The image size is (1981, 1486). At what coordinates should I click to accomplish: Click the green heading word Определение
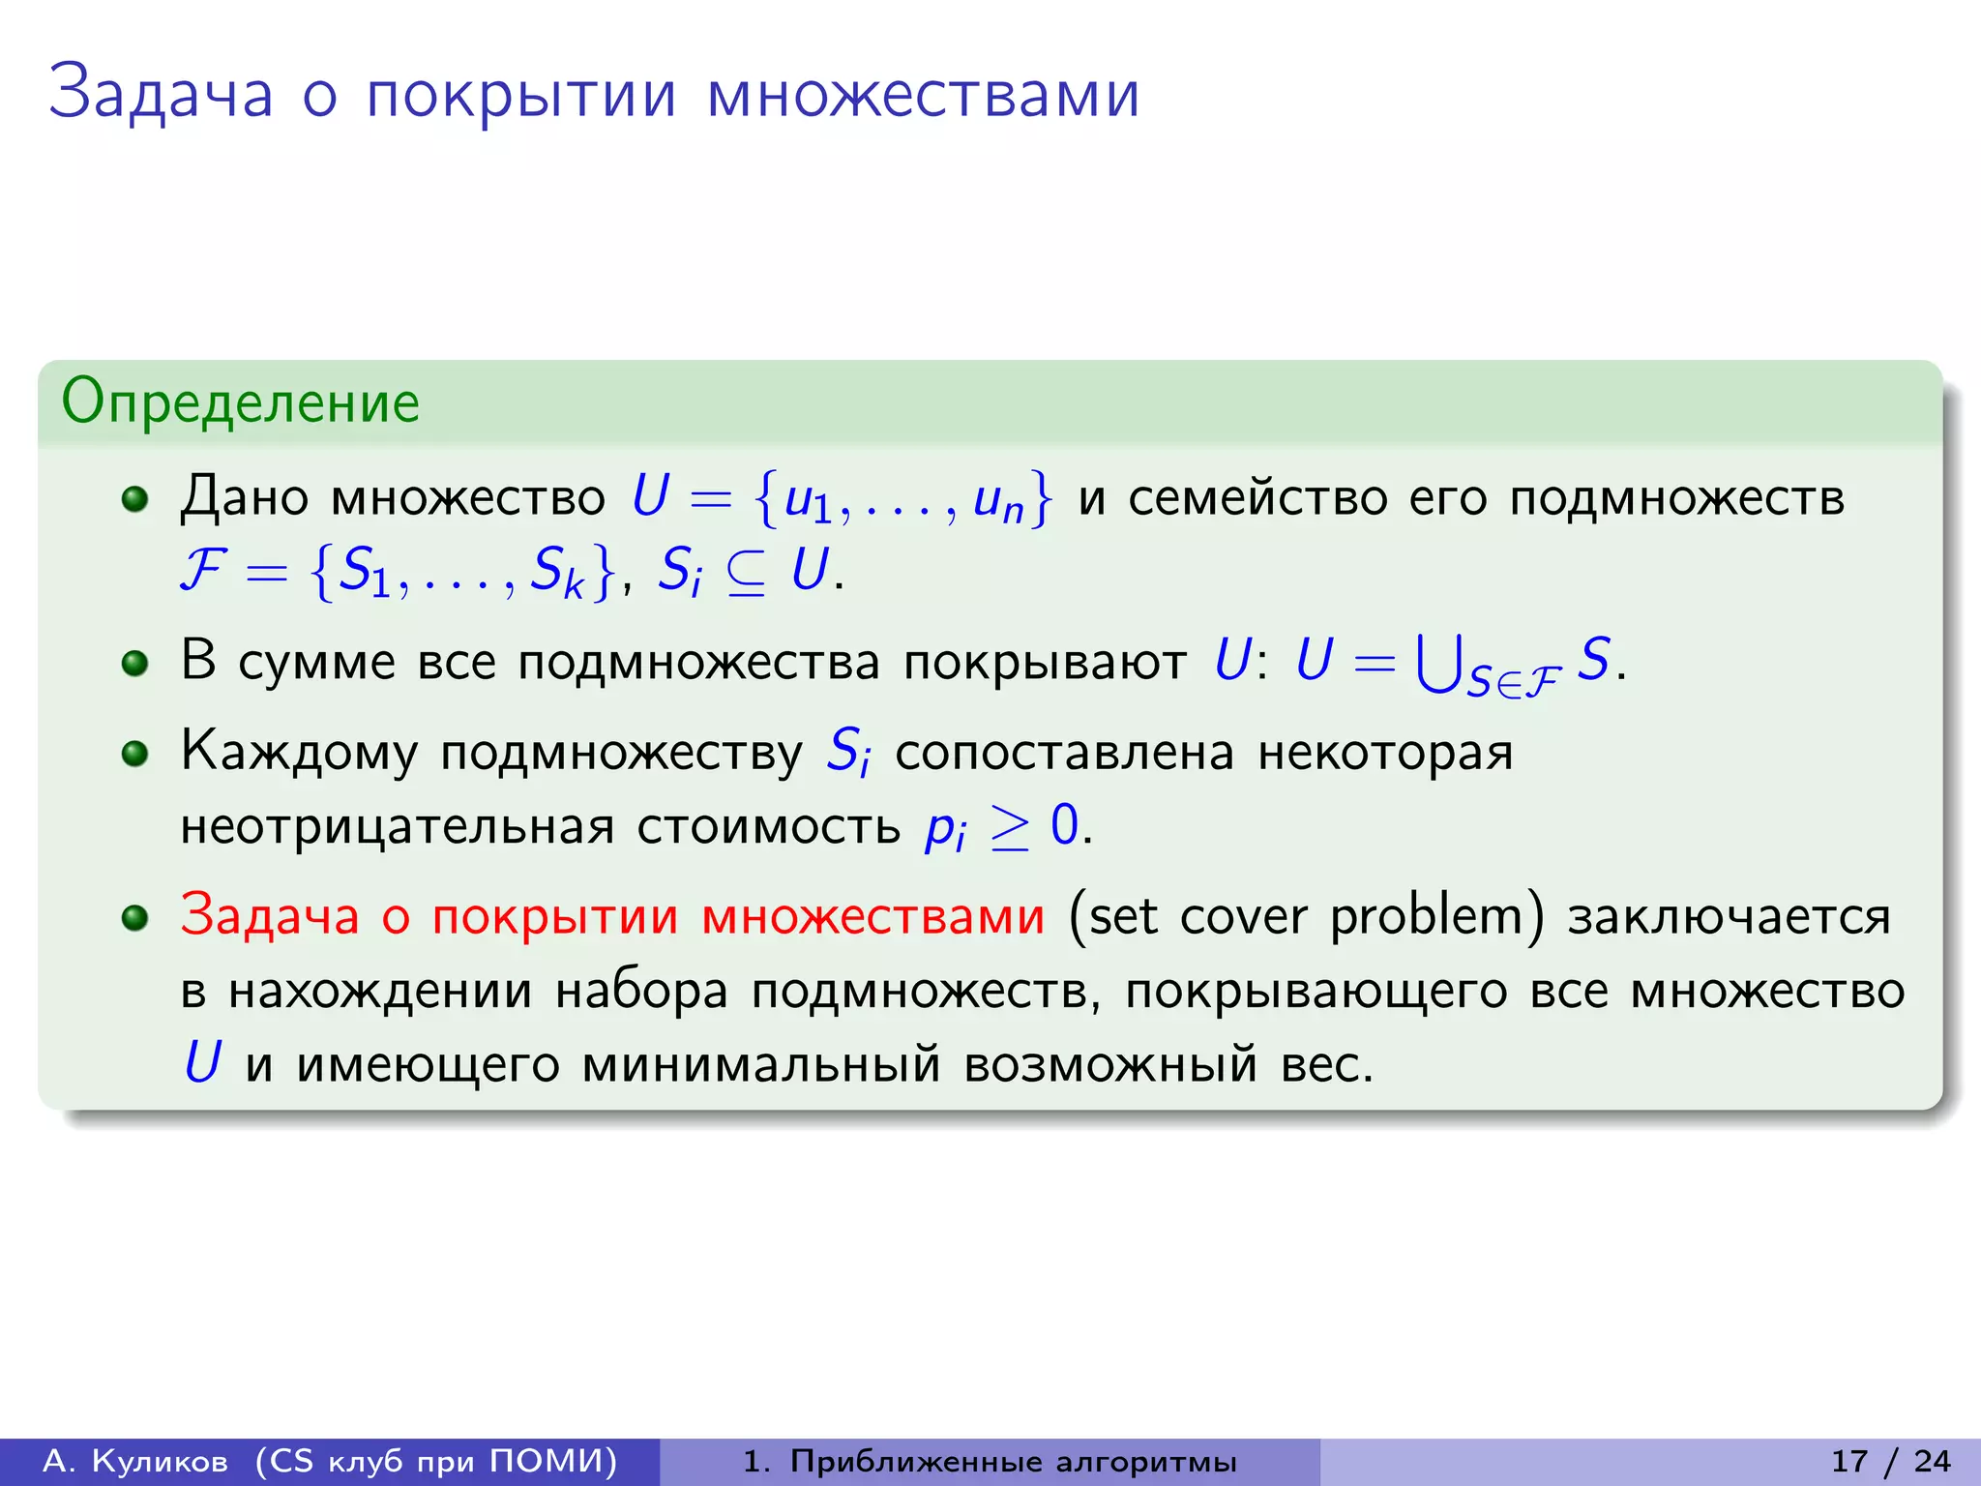[240, 402]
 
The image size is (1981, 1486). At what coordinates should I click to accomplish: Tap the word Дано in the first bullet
[244, 497]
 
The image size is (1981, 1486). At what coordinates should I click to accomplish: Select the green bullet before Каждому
[134, 753]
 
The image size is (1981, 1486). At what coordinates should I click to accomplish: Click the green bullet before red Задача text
[134, 917]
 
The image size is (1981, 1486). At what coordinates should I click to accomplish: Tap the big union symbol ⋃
[1437, 664]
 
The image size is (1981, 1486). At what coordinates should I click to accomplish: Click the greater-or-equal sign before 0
[1010, 828]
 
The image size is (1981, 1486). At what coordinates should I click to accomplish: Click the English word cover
[1243, 916]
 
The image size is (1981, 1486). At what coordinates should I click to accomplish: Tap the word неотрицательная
[398, 827]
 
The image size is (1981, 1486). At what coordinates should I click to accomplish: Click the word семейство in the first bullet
[1257, 497]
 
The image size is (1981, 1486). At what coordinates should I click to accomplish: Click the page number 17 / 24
[1891, 1461]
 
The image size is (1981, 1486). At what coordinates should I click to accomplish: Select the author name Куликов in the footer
[160, 1461]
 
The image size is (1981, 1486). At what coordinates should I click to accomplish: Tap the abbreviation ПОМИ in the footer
[551, 1461]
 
